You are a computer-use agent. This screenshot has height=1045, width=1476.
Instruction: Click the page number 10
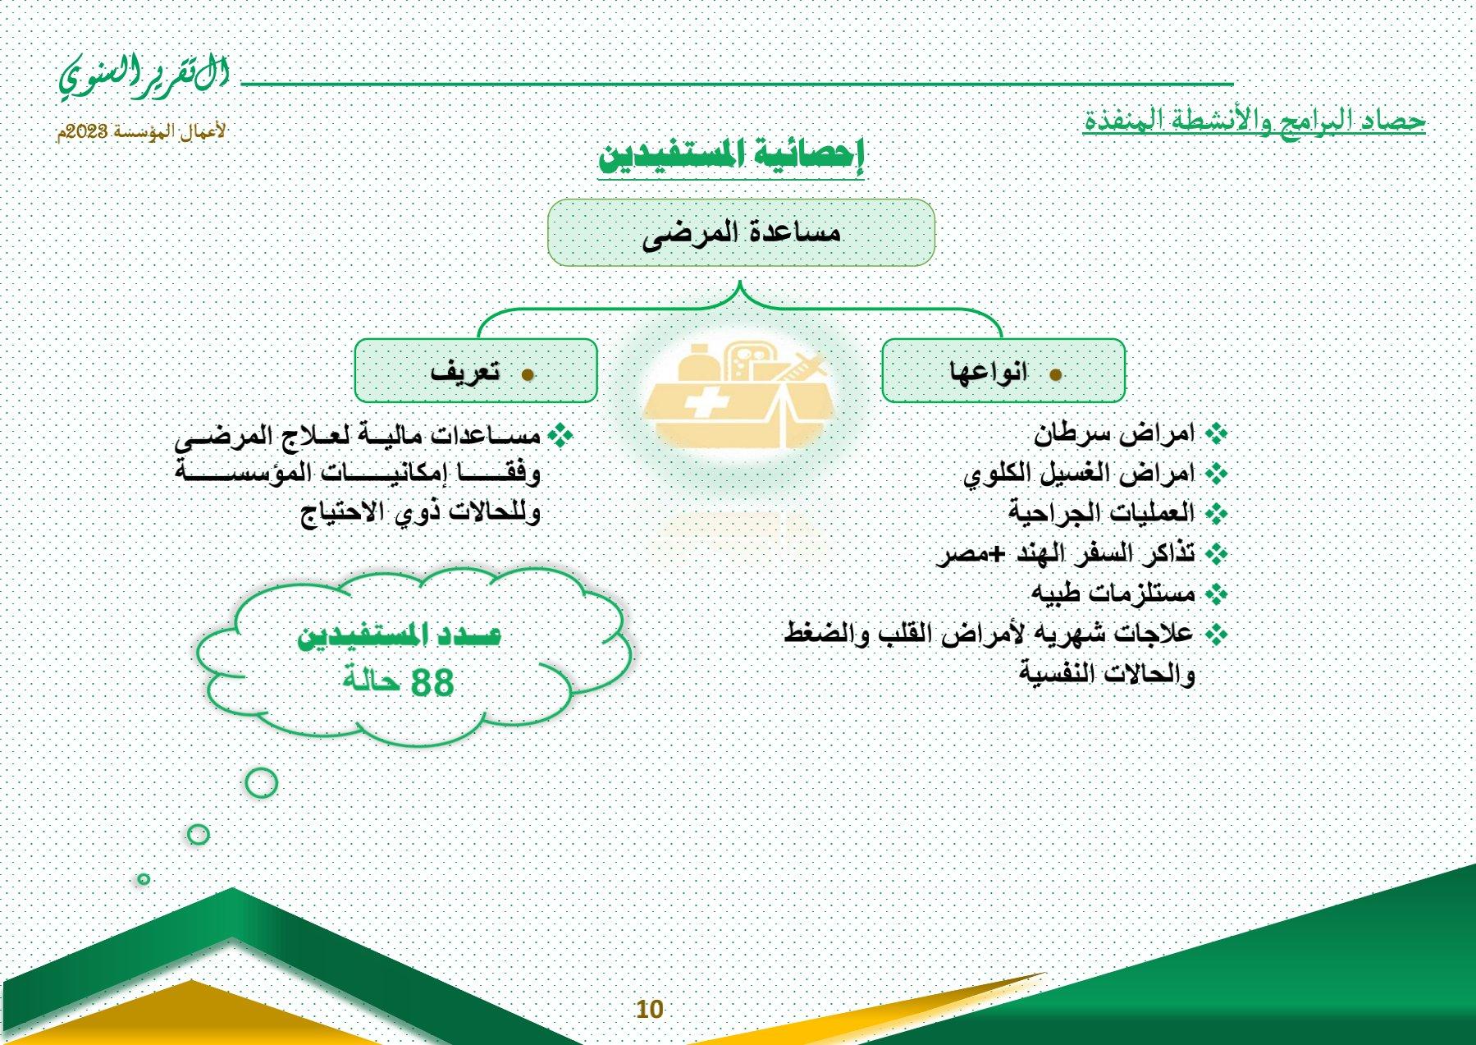click(x=649, y=1009)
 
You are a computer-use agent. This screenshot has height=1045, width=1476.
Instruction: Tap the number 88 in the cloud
click(x=432, y=682)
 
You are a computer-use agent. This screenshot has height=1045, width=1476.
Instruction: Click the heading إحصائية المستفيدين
click(x=731, y=154)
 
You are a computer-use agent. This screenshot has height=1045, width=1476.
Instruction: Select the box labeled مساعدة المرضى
click(x=741, y=232)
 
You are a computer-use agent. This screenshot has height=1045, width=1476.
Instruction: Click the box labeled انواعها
click(x=1003, y=371)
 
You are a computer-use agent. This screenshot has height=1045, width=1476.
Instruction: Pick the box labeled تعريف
click(x=476, y=371)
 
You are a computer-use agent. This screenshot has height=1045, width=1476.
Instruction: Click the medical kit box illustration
click(x=738, y=394)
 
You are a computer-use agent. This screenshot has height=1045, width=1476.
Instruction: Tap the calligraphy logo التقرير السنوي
click(x=144, y=76)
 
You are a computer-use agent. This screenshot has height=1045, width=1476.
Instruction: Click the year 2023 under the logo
click(x=84, y=132)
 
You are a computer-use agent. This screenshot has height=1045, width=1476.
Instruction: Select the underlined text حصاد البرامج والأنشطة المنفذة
click(x=1254, y=120)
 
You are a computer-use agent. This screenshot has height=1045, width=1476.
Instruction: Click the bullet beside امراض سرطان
click(x=1217, y=433)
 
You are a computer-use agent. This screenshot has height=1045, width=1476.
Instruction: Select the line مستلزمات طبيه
click(x=1113, y=592)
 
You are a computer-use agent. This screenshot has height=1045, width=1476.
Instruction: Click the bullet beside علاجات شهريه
click(x=1217, y=634)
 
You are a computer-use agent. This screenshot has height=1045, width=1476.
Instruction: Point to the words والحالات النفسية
click(x=1107, y=674)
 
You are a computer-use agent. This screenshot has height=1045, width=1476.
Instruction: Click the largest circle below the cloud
click(x=262, y=783)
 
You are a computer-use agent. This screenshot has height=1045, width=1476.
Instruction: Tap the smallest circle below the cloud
click(x=144, y=879)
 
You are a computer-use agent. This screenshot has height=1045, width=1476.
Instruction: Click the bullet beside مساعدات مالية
click(x=561, y=435)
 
